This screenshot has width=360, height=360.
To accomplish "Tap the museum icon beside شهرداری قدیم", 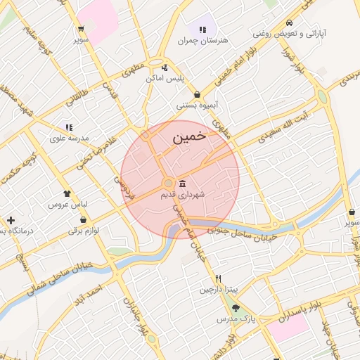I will [x=183, y=183].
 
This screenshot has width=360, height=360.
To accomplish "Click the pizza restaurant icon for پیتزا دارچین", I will [x=218, y=278].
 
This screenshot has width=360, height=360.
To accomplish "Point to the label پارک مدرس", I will [x=233, y=319].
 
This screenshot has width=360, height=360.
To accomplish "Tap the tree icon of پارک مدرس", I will [x=236, y=308].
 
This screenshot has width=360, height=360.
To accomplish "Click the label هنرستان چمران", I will [x=204, y=41].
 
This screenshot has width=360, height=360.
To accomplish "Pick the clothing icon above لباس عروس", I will [x=67, y=193].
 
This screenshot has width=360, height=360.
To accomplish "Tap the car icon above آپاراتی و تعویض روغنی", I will [x=290, y=23].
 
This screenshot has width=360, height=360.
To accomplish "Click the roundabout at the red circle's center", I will [x=168, y=184].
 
